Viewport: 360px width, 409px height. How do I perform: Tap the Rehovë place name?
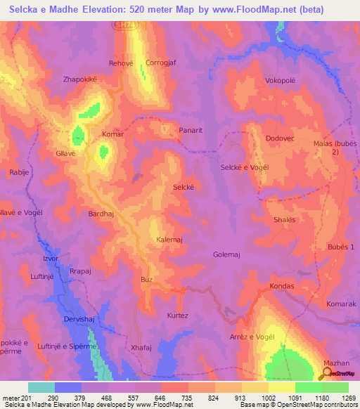121,63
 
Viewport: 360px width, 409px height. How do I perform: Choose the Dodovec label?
280,138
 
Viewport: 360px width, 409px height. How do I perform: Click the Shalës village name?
285,220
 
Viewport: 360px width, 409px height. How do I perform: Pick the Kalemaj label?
169,240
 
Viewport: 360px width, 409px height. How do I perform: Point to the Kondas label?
282,287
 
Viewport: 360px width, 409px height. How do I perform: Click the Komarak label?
341,304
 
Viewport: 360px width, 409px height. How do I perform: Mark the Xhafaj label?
141,347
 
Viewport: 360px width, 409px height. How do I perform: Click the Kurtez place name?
177,316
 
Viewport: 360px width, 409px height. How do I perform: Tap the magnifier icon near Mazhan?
324,374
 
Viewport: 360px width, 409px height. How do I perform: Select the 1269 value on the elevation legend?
347,398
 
